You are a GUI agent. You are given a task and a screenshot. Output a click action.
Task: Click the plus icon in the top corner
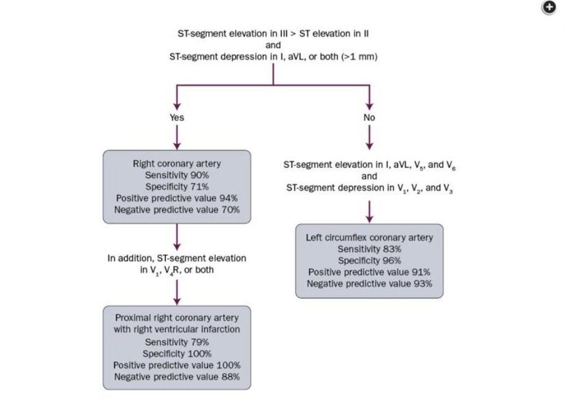550,7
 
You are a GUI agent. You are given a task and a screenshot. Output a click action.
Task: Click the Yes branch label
177,117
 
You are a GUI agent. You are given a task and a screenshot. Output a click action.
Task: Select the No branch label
369,117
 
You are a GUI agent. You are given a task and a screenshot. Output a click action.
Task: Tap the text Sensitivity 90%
177,175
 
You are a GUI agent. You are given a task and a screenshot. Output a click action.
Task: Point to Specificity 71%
177,186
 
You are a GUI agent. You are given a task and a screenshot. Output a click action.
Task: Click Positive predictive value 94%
177,198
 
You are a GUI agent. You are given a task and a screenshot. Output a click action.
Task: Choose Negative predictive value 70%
177,209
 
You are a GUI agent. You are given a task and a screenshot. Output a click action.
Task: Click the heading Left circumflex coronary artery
370,238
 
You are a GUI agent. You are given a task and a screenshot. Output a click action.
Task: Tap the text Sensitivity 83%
370,249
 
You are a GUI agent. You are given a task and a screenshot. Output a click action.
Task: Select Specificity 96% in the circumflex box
370,260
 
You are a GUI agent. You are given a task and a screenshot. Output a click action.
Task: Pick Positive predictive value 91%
370,272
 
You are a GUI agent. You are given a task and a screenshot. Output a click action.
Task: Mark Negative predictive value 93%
370,283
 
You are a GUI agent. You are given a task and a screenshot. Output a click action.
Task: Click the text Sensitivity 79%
177,342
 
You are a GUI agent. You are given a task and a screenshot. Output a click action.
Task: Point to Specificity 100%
177,354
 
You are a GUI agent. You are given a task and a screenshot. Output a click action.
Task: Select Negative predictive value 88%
177,377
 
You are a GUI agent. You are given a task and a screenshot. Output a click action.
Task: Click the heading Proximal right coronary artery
177,318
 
